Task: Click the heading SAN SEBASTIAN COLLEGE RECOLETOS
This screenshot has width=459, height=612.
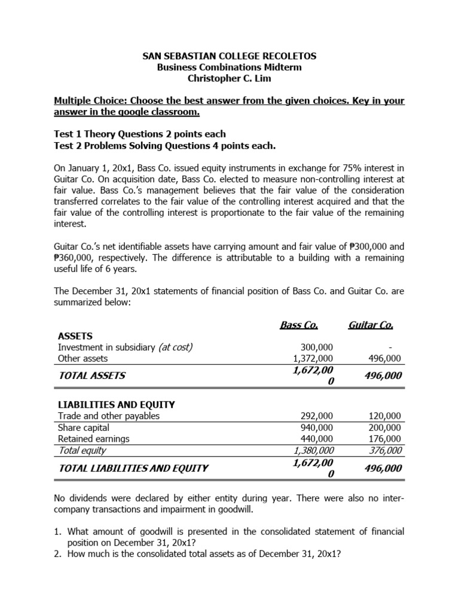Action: [229, 56]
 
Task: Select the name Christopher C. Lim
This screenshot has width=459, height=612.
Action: [229, 79]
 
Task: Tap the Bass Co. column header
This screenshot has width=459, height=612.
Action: [299, 326]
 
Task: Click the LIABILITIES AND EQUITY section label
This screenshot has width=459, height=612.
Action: [116, 405]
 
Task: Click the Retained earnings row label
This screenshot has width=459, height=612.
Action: [93, 439]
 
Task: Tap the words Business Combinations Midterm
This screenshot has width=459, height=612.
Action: [229, 68]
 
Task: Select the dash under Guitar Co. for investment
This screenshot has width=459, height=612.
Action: [398, 347]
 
